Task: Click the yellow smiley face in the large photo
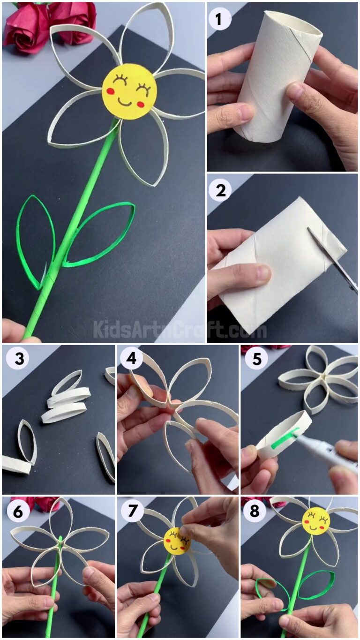coord(129,91)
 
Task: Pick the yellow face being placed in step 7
coord(177,541)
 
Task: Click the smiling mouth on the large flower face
coord(125,101)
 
